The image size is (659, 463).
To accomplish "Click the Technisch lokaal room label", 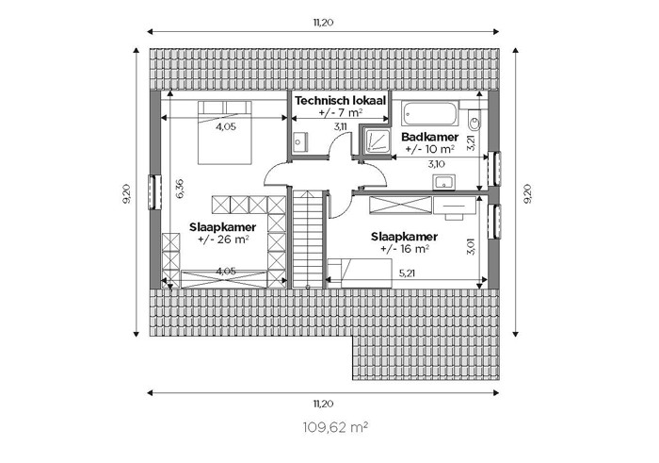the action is (341, 101).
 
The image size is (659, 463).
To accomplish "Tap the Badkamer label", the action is (429, 137).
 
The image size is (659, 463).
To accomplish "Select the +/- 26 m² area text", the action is (223, 240).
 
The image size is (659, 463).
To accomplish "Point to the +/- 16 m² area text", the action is (404, 249).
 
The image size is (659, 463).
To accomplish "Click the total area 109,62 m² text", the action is (335, 428).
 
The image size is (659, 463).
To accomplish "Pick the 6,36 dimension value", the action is (180, 189).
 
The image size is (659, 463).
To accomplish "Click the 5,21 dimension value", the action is (407, 273).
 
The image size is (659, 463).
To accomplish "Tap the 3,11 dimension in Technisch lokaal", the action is (341, 125).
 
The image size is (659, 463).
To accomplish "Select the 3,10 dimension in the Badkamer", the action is (436, 164).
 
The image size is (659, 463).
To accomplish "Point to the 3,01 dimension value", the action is (471, 247).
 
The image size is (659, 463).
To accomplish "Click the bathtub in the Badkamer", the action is (429, 113).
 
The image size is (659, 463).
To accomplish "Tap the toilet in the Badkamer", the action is (474, 120).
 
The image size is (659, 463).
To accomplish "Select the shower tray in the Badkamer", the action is (373, 141).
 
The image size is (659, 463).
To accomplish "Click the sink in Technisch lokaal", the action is (299, 141).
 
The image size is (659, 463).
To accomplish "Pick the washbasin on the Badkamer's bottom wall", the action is (443, 182).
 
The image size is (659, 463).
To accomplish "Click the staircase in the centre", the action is (308, 239).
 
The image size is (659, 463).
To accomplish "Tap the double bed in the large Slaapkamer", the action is (225, 132).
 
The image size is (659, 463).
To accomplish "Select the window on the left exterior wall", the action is (155, 192).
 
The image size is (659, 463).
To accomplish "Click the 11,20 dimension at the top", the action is (323, 23).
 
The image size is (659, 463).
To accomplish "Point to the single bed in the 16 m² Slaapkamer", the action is (360, 273).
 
